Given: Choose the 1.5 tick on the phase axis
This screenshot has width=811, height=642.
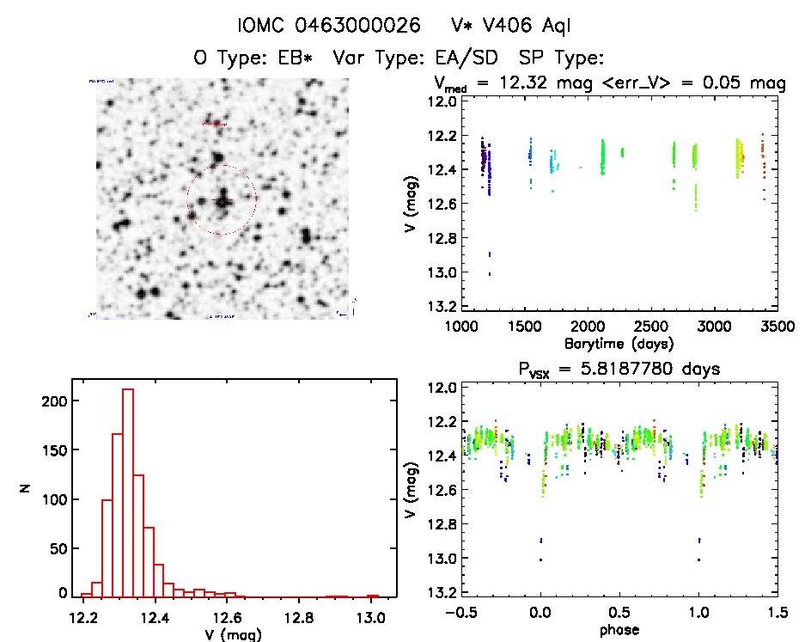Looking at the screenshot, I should point(776,614).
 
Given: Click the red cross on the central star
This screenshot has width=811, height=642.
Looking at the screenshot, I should point(222,201).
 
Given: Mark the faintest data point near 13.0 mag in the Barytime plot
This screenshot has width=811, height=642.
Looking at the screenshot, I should point(490,274).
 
